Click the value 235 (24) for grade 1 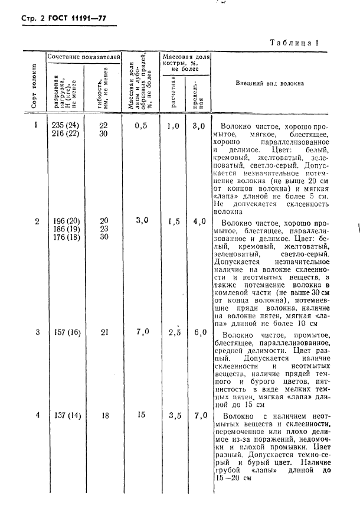pyautogui.click(x=64, y=125)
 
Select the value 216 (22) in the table pyautogui.click(x=64, y=134)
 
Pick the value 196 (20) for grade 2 pyautogui.click(x=64, y=221)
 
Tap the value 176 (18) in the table pyautogui.click(x=64, y=237)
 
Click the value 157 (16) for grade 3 pyautogui.click(x=64, y=332)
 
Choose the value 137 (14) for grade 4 pyautogui.click(x=64, y=415)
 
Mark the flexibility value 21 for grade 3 pyautogui.click(x=104, y=332)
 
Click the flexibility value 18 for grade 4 pyautogui.click(x=104, y=415)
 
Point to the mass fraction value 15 pyautogui.click(x=140, y=415)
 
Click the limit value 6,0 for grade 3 pyautogui.click(x=199, y=332)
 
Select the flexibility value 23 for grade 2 pyautogui.click(x=104, y=229)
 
